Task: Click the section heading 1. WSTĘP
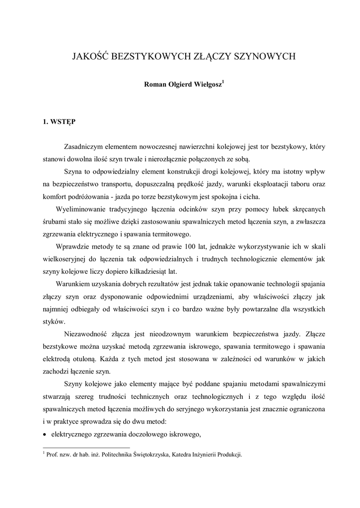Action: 59,121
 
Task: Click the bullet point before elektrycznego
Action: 45,435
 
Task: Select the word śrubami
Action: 55,222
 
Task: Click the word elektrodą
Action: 58,358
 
